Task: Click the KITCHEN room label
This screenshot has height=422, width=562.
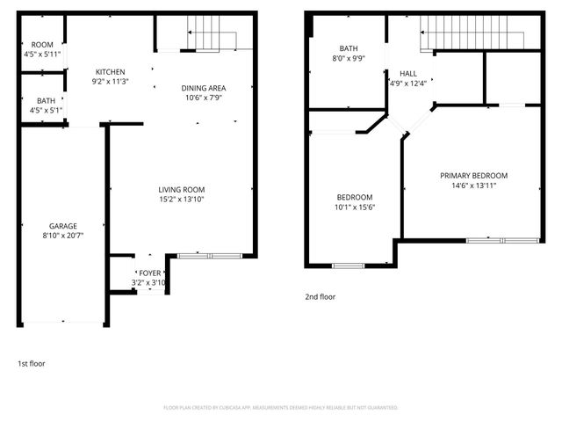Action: coord(111,72)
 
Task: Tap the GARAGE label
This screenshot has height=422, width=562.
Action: coord(63,226)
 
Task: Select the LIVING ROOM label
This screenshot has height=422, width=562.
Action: coord(181,190)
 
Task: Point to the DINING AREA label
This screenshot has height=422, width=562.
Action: coord(204,88)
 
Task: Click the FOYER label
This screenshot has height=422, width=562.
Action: coord(149,273)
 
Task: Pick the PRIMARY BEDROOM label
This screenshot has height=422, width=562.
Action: coord(473,176)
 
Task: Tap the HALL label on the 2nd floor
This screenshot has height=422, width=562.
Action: coord(408,74)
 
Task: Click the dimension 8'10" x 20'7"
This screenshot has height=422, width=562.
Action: coord(63,236)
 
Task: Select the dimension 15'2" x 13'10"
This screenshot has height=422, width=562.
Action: coord(181,200)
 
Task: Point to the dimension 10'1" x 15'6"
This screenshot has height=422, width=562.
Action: coord(355,207)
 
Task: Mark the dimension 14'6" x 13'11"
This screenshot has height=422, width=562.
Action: coord(473,186)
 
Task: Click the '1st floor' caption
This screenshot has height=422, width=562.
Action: coord(32,363)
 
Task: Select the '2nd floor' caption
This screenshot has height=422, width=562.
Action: coord(320,297)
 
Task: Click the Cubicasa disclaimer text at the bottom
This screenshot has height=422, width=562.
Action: coord(281,408)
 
